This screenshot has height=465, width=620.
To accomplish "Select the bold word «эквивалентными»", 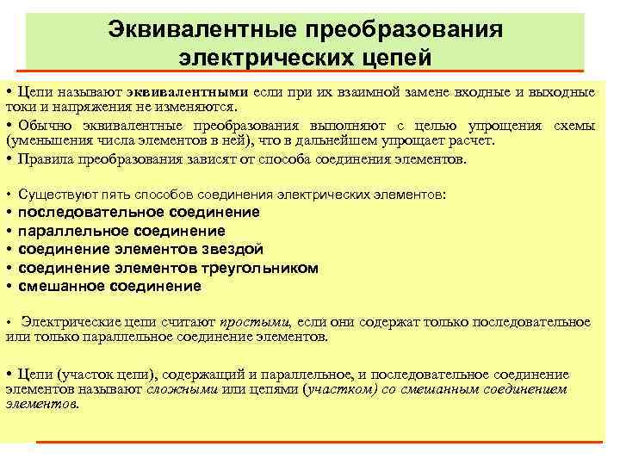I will coord(190,92).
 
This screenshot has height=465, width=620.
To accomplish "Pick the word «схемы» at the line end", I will coord(575,126).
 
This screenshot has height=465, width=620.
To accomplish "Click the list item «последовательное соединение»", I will coord(139,212).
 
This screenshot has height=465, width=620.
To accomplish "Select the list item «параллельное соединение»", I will coord(121,231).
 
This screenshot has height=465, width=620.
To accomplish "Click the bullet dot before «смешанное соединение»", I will coord(9,287).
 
